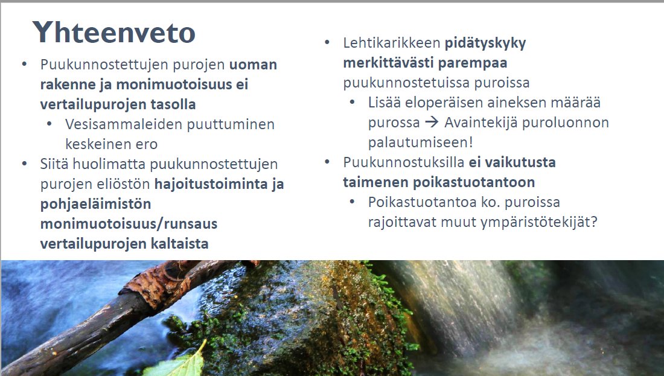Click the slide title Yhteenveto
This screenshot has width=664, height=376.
pos(114,32)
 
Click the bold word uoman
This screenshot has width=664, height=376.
pos(253,65)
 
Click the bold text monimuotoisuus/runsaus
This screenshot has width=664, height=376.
pos(129,224)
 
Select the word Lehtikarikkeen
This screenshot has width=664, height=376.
pos(392,43)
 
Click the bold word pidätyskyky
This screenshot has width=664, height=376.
pos(485,43)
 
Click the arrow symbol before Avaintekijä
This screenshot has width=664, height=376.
pos(431,123)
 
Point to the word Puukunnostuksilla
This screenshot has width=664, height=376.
pos(403,162)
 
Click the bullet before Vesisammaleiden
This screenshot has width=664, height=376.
pos(49,125)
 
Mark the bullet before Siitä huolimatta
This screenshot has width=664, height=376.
pos(24,164)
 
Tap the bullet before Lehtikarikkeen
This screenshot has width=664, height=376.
pos(327,43)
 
